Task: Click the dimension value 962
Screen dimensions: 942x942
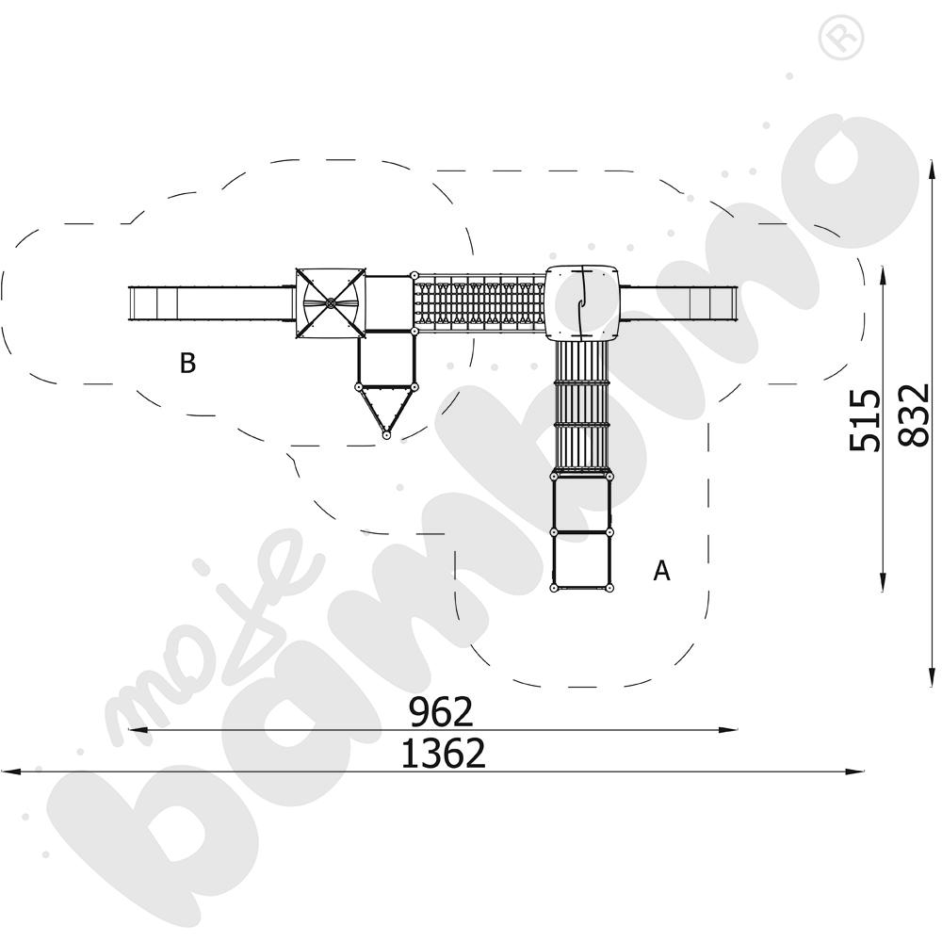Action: tap(441, 712)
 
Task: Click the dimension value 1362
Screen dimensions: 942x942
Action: tap(443, 754)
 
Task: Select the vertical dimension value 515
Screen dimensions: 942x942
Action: tap(865, 420)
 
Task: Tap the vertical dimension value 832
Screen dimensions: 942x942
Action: tap(914, 414)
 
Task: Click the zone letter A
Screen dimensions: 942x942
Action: tap(661, 570)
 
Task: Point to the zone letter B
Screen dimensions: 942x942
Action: tap(187, 363)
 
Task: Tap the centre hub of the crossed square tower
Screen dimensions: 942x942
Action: tap(330, 303)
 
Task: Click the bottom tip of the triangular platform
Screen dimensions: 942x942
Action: tap(386, 435)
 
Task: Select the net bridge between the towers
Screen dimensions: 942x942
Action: tap(479, 302)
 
